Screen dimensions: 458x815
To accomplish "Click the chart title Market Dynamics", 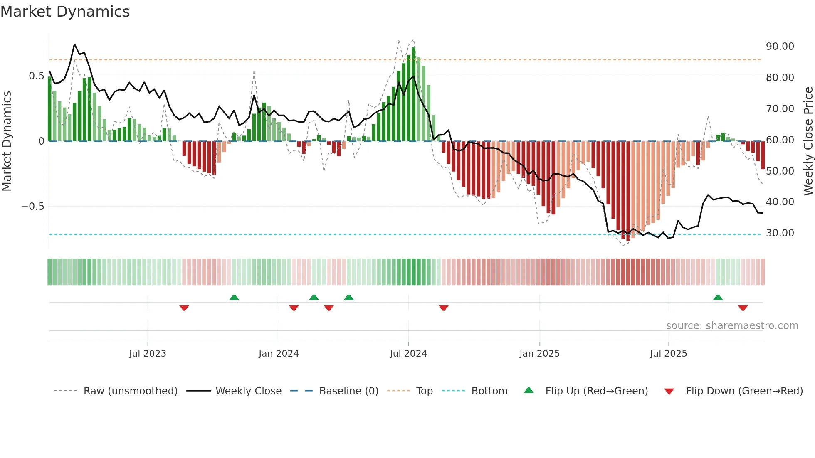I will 65,12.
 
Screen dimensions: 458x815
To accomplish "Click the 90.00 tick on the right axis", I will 780,47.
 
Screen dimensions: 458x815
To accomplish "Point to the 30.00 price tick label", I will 780,233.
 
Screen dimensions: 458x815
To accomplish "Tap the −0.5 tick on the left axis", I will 32,207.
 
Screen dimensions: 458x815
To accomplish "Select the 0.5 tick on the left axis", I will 36,76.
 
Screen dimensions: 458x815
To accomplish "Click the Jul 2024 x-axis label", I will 408,354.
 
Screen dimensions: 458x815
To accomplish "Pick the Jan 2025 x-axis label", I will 539,354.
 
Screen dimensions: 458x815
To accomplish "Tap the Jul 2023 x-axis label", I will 147,354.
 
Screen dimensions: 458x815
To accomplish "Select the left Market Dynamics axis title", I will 7,141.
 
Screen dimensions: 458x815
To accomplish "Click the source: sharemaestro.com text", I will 732,326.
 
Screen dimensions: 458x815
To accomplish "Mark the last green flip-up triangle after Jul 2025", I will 718,298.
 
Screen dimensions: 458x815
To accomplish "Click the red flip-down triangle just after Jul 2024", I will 443,308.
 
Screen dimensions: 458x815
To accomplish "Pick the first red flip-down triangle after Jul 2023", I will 184,308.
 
